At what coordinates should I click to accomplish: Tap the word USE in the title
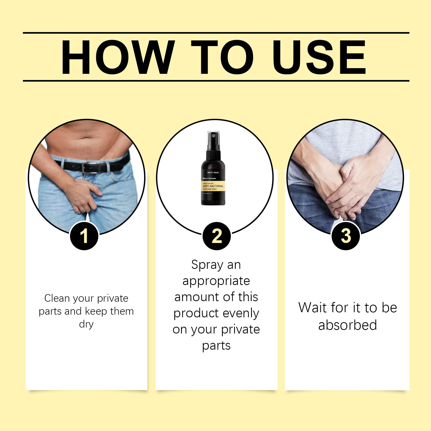[x=319, y=57]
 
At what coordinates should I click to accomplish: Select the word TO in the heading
[x=222, y=57]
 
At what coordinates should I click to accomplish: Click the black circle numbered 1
[x=84, y=236]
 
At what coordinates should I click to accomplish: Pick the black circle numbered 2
[x=217, y=236]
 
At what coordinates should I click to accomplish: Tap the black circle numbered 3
[x=346, y=236]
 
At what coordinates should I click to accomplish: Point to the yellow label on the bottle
[x=213, y=186]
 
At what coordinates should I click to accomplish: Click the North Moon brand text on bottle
[x=213, y=172]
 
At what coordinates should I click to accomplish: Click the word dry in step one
[x=86, y=324]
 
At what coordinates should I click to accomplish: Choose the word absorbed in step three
[x=347, y=325]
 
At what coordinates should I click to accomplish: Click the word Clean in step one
[x=57, y=298]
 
